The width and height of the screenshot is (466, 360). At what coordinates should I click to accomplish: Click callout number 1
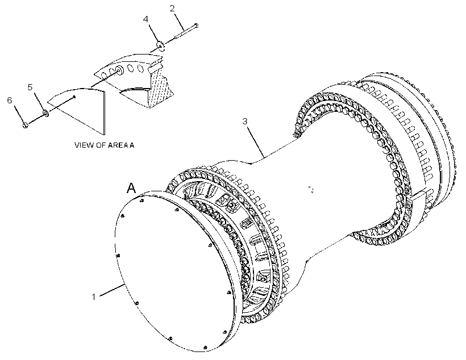click(x=94, y=296)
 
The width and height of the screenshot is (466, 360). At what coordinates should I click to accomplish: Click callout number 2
click(x=172, y=9)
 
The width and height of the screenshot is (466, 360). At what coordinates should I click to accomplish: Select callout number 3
click(x=245, y=121)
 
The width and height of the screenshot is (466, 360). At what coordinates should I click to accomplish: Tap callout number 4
click(x=145, y=19)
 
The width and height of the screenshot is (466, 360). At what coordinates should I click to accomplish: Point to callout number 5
click(x=30, y=87)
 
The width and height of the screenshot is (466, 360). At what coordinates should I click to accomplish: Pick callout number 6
click(x=10, y=101)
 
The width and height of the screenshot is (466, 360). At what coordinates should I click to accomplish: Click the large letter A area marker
click(x=131, y=188)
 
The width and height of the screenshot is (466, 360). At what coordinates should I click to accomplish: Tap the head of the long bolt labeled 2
click(x=196, y=26)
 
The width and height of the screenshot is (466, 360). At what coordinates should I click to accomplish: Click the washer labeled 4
click(x=161, y=45)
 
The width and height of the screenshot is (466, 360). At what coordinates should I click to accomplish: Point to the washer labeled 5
click(x=46, y=113)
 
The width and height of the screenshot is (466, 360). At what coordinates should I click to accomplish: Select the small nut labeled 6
click(x=25, y=125)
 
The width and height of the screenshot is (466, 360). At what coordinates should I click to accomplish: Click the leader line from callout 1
click(x=113, y=290)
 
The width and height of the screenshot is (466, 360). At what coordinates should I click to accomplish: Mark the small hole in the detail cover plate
click(x=74, y=97)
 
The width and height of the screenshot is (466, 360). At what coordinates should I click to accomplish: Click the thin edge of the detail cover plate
click(x=105, y=112)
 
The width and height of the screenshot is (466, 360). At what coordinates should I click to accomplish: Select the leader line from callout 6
click(x=19, y=114)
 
